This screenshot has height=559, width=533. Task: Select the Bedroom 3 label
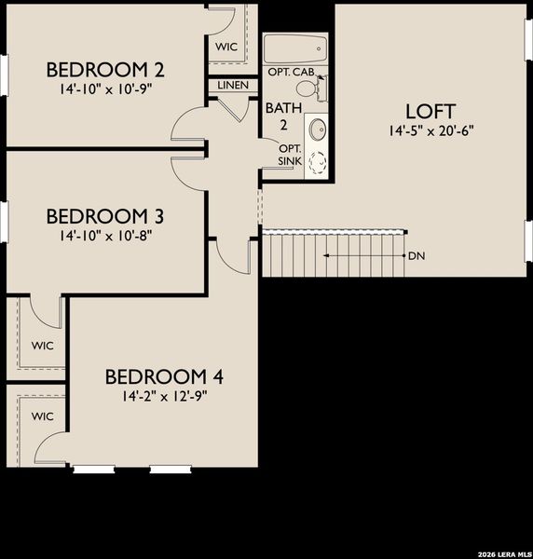(105, 216)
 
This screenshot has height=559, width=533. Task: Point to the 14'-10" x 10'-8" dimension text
(105, 235)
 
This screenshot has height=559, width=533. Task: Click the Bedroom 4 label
(164, 376)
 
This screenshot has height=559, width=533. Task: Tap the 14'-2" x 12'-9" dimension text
(164, 395)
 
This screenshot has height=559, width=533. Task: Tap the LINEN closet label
(233, 85)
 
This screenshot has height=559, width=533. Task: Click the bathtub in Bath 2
(294, 47)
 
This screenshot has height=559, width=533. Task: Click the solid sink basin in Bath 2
(317, 129)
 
